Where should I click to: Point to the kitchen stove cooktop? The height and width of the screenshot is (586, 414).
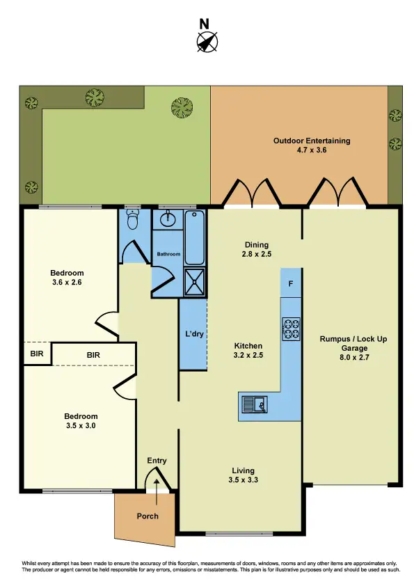pos(290,328)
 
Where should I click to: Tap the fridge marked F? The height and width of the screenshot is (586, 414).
pos(291,284)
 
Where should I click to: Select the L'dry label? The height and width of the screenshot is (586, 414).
pos(193,335)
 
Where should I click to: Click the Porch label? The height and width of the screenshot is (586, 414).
pos(148,516)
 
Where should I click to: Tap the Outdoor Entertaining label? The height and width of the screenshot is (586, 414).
pos(311,141)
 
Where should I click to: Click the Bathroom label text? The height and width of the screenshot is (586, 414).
pos(168,254)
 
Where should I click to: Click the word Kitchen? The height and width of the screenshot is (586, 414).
pos(248,346)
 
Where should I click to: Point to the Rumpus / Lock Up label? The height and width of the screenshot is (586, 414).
pos(353,340)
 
